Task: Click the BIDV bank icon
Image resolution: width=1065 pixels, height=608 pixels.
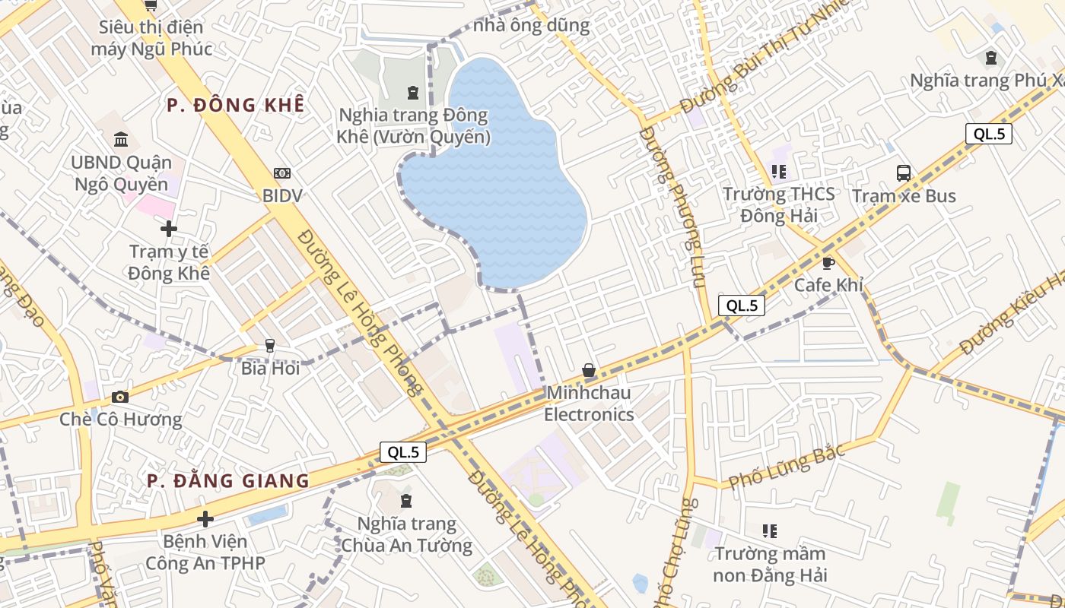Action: tap(282, 174)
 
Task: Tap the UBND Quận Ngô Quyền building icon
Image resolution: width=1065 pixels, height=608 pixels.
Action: tap(121, 140)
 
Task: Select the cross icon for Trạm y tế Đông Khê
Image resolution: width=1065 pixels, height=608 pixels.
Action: tap(169, 228)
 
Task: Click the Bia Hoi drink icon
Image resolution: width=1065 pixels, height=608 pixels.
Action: tap(269, 346)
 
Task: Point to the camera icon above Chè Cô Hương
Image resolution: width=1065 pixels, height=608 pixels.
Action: tap(119, 397)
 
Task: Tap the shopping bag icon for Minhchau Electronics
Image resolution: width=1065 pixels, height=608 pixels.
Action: tap(589, 371)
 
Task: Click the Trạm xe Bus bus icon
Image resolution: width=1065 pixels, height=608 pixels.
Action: tap(904, 173)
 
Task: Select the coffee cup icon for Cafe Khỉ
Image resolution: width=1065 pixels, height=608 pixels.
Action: tap(828, 263)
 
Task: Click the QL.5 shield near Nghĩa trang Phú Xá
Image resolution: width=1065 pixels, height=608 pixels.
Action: tap(989, 134)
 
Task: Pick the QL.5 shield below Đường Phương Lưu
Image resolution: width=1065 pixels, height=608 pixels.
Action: tap(741, 306)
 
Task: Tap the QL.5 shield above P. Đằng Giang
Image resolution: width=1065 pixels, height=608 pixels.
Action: tap(402, 451)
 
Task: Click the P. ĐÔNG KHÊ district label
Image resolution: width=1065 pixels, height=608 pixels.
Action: tap(236, 105)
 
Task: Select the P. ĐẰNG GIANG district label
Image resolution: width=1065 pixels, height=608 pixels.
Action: tap(228, 480)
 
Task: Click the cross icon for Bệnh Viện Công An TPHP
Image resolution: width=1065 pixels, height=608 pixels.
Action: tap(205, 519)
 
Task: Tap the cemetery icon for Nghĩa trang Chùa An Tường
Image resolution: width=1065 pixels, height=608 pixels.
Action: tap(406, 501)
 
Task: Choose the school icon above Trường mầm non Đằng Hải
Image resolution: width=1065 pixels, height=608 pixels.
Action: tap(770, 530)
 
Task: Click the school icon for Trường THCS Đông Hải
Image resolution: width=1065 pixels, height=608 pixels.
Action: tap(778, 172)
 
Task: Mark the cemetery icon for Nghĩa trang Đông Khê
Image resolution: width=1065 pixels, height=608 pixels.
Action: tap(413, 93)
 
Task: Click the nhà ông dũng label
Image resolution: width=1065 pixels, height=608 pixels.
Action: tap(531, 25)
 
